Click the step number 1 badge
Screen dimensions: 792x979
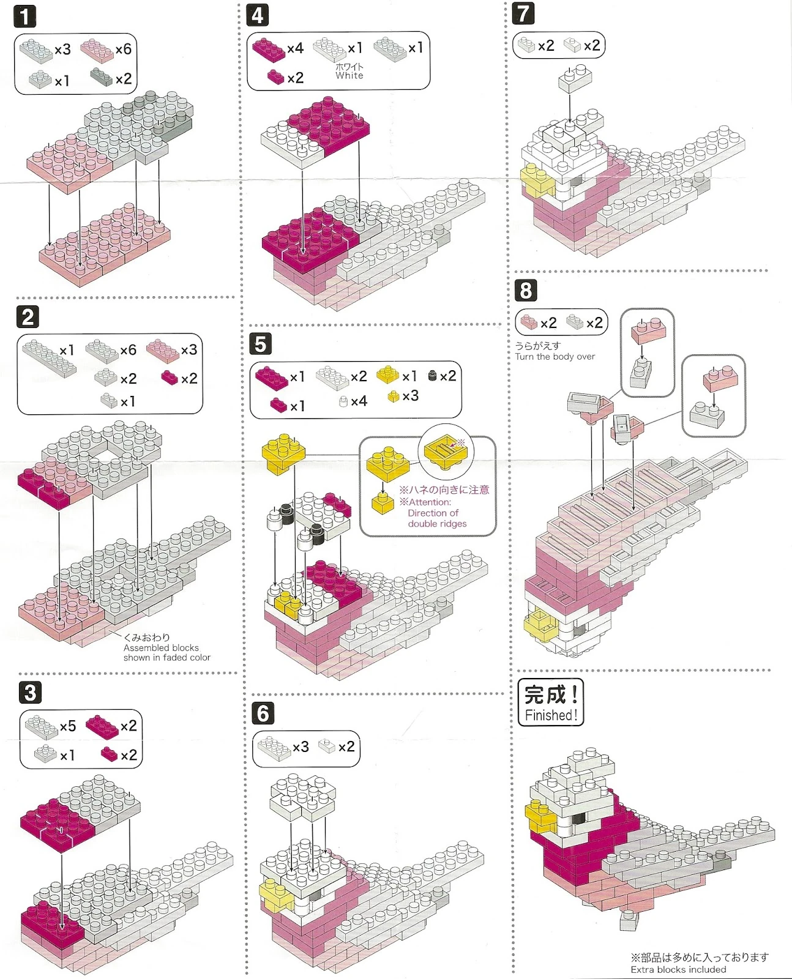[x=24, y=16]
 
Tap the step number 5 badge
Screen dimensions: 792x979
[x=260, y=344]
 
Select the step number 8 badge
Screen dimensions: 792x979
[x=526, y=290]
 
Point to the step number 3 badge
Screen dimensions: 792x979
[x=30, y=693]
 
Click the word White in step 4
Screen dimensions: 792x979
[x=349, y=76]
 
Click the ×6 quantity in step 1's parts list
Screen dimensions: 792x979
[x=123, y=49]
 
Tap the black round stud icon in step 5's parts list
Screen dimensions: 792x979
[x=433, y=375]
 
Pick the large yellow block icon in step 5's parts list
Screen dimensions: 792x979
[x=387, y=374]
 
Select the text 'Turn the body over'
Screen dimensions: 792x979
[x=555, y=357]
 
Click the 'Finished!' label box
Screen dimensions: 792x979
[x=550, y=702]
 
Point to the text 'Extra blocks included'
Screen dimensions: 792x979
[x=678, y=969]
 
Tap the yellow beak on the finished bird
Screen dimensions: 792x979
[x=539, y=816]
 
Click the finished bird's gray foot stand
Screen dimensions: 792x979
[x=629, y=920]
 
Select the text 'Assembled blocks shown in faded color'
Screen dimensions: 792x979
[x=166, y=652]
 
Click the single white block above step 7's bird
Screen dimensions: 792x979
[x=575, y=79]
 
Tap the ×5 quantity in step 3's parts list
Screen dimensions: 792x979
[x=67, y=726]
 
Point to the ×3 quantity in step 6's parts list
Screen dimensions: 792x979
[x=301, y=747]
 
